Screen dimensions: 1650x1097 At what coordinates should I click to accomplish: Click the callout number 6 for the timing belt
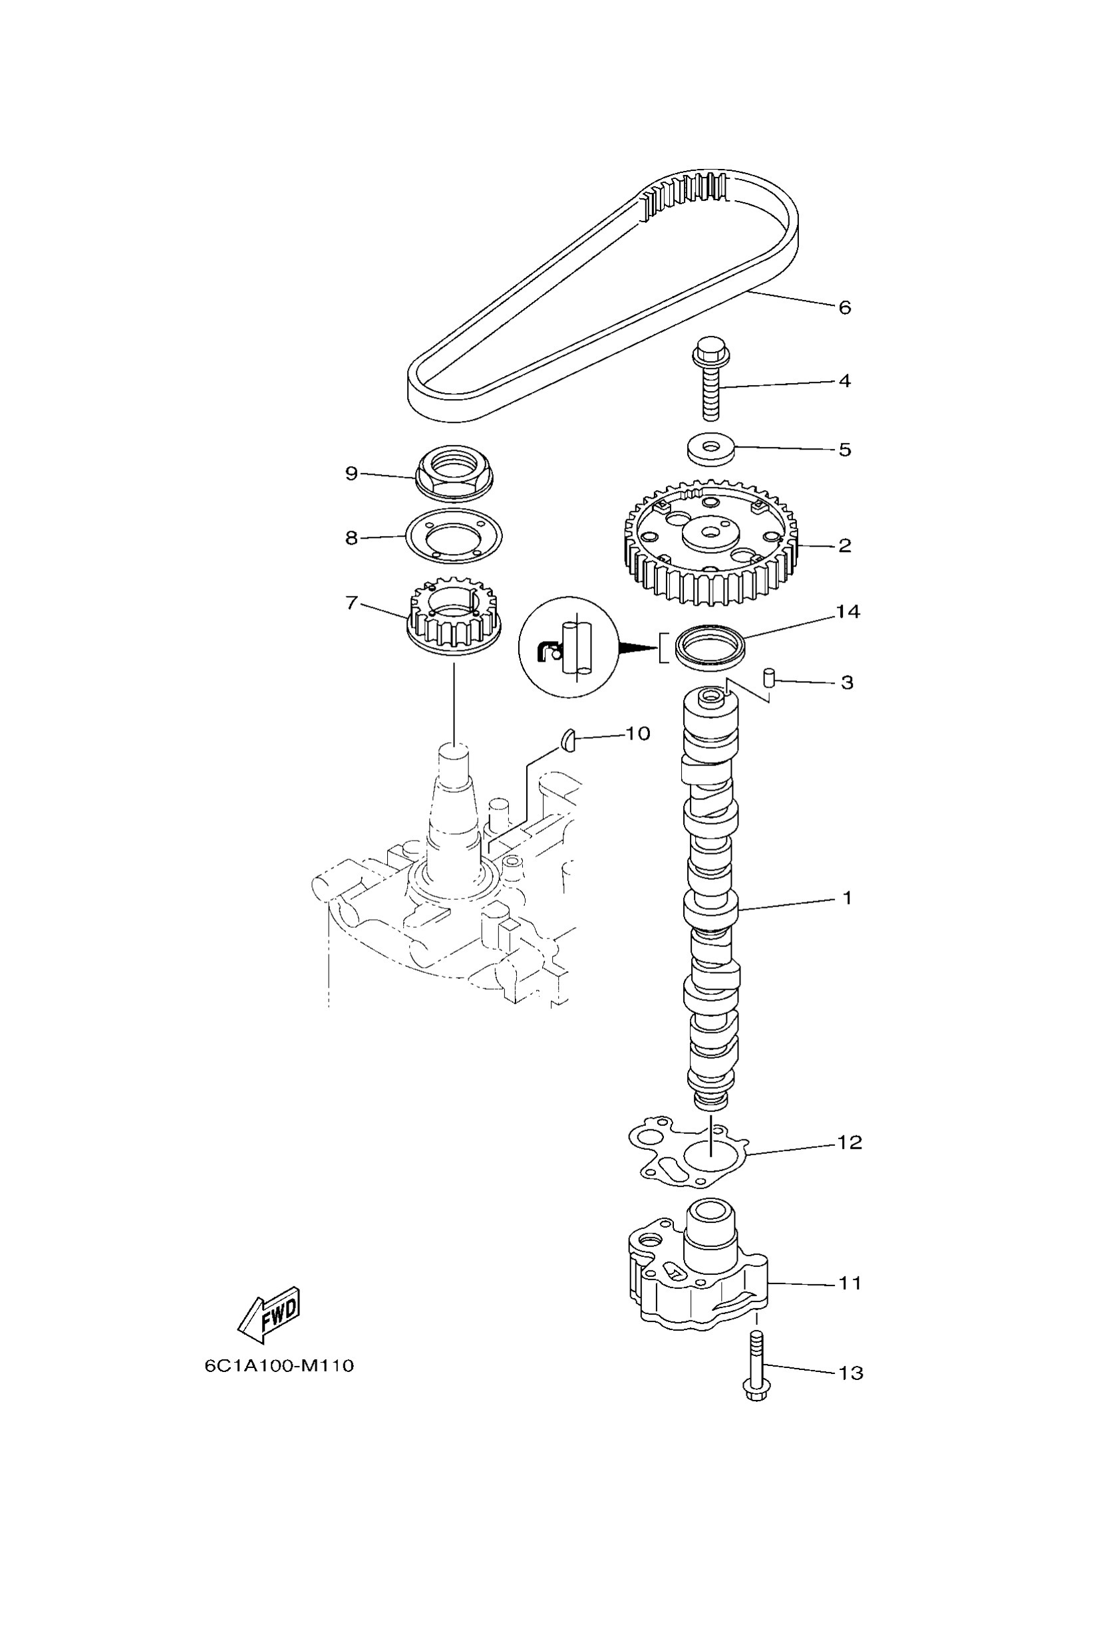(844, 308)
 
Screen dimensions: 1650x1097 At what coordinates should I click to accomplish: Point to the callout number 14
(848, 612)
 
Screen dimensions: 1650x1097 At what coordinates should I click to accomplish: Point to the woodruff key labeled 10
(568, 740)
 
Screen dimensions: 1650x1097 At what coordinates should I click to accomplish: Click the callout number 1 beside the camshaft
(847, 897)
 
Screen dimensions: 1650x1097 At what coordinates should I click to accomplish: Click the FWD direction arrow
(269, 1314)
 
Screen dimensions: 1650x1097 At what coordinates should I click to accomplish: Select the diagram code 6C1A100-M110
(279, 1365)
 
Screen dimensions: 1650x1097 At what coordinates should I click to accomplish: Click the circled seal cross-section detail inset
(568, 647)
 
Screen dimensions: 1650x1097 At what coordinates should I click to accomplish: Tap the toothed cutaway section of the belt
(686, 194)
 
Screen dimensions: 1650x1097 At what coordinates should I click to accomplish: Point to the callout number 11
(850, 1284)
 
